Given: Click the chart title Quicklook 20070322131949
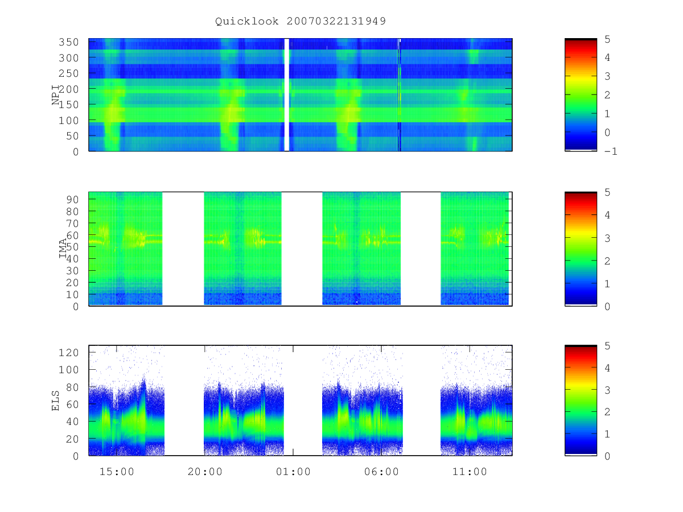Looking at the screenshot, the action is tap(301, 21).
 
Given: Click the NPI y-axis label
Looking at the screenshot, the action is tap(56, 95).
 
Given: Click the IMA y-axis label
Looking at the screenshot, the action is tap(63, 249).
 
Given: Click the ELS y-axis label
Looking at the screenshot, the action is tap(55, 400).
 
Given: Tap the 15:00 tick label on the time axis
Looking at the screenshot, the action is tap(117, 472).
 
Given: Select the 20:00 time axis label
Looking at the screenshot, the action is tap(205, 472).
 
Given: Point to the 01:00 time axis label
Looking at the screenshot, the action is tap(293, 472).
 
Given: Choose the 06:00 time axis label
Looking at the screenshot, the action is tap(381, 472).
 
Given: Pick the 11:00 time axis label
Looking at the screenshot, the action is tap(470, 472).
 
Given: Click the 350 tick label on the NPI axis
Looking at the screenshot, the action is tap(68, 42).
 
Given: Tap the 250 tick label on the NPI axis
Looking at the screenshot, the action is tap(68, 73).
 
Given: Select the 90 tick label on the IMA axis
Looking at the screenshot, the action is tap(72, 200).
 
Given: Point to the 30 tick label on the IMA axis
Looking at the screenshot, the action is tap(72, 271).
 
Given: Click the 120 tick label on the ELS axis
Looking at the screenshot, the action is tap(68, 353).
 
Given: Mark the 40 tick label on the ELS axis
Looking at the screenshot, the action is tap(72, 422).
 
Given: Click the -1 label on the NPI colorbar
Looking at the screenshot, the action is tap(611, 151).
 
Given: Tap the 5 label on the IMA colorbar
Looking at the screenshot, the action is tap(607, 192).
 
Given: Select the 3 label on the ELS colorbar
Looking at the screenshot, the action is tap(607, 390).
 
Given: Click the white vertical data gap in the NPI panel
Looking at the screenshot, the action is tap(287, 95).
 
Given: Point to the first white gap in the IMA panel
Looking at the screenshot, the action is tap(183, 249).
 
